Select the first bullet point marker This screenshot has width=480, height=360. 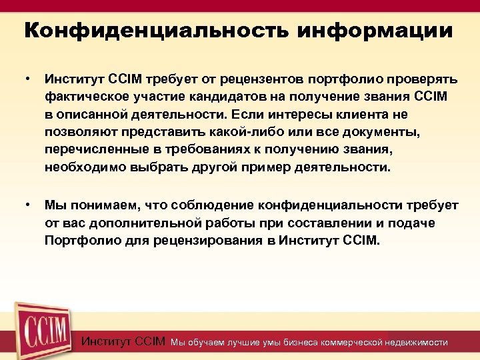click(27, 79)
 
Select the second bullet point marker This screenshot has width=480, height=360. click(27, 205)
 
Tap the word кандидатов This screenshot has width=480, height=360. click(223, 97)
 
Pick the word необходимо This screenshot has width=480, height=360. click(83, 167)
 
